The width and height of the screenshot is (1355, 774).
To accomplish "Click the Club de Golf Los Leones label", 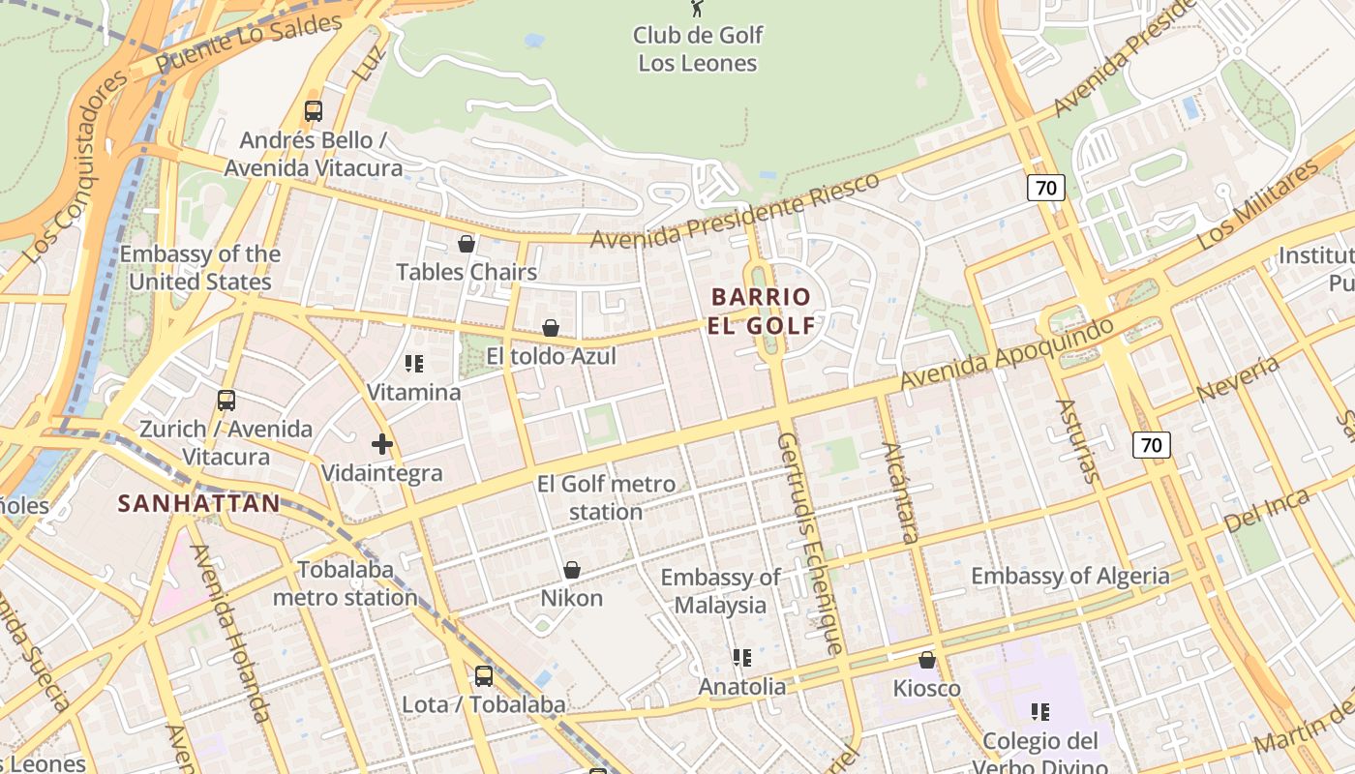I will [x=698, y=49].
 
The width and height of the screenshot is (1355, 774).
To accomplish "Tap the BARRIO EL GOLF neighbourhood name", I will [x=761, y=311].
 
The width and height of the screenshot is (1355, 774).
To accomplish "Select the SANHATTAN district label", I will [x=198, y=503].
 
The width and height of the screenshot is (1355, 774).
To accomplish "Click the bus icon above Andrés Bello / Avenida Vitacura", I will [x=313, y=110].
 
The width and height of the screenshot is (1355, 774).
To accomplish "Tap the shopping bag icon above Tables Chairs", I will [x=467, y=243].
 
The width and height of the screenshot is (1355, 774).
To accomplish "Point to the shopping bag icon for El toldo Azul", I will [x=551, y=328].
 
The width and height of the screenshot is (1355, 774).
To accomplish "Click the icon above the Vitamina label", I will [x=414, y=364].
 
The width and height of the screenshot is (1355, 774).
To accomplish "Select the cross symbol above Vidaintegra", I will [x=382, y=444].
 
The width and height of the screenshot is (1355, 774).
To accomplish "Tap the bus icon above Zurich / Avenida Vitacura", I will [x=226, y=400].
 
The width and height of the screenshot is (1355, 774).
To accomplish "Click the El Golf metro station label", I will [x=606, y=497].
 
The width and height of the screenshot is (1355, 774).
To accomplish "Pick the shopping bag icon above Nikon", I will [x=572, y=570].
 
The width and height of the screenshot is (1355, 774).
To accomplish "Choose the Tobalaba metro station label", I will [x=345, y=583].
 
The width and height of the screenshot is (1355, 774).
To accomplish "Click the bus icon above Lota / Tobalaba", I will [x=484, y=676].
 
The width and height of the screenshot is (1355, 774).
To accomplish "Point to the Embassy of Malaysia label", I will [x=720, y=591].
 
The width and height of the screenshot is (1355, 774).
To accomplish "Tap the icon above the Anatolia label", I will [x=742, y=658].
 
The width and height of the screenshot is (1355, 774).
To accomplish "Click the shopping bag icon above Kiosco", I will [x=927, y=660].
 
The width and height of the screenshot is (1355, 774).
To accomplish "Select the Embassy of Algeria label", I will [x=1069, y=577].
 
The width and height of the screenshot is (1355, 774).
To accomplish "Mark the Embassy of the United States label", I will [x=200, y=268].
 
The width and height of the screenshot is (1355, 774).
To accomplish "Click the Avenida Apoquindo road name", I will [x=1007, y=354].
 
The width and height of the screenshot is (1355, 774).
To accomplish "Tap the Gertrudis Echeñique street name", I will [x=811, y=542].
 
